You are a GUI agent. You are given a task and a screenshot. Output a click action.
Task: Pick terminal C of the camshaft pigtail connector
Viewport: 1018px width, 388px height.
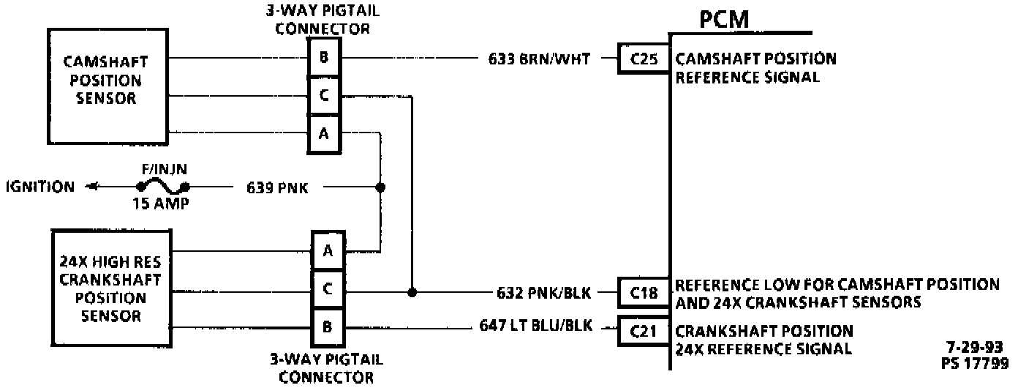pyautogui.click(x=323, y=95)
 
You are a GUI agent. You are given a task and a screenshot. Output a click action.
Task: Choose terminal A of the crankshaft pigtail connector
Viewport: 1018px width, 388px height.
pyautogui.click(x=328, y=250)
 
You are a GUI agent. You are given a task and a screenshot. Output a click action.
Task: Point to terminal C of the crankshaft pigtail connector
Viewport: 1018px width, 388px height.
pyautogui.click(x=328, y=290)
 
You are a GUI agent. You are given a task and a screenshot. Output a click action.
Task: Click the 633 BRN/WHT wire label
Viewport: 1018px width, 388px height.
pyautogui.click(x=539, y=59)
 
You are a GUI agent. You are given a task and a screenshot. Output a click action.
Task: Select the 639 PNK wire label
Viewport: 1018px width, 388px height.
pyautogui.click(x=277, y=188)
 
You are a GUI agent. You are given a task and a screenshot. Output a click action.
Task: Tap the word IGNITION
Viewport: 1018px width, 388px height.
pyautogui.click(x=39, y=187)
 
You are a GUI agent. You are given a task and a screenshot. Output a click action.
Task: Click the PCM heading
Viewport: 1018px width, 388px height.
pyautogui.click(x=724, y=20)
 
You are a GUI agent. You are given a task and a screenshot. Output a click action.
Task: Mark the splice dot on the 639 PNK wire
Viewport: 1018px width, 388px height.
pyautogui.click(x=380, y=187)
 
